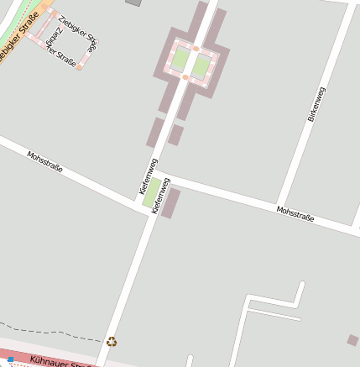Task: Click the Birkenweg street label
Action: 316,104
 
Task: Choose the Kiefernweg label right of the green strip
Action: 156,197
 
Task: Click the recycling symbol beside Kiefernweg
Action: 112,341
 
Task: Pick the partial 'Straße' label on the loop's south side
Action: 60,57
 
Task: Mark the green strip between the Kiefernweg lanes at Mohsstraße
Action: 151,193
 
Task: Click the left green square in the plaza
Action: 180,60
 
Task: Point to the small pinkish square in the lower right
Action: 353,340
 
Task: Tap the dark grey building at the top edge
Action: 133,3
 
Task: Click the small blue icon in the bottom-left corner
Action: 10,359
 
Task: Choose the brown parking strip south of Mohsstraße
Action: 170,203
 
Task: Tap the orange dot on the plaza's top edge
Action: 196,49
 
